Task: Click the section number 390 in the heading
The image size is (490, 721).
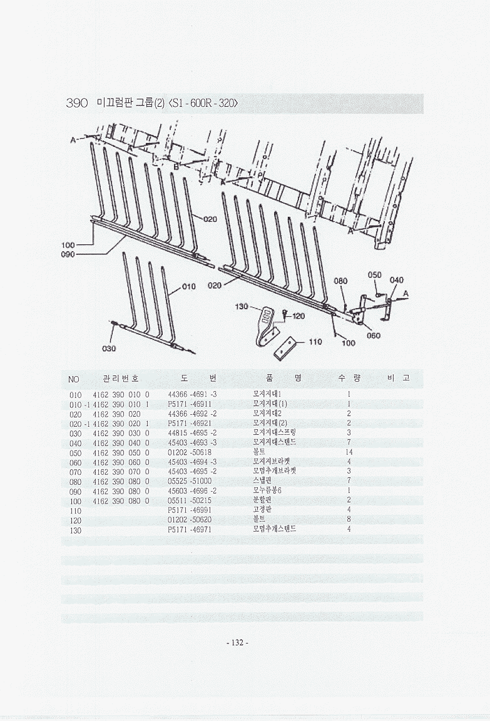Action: coord(78,103)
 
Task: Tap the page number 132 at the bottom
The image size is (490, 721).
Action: coord(237,643)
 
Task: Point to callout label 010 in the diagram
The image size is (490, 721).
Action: coord(189,287)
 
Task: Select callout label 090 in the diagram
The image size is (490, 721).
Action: coord(68,254)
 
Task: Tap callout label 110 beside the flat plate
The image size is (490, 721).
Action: coord(315,342)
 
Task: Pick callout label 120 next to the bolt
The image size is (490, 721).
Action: coord(299,316)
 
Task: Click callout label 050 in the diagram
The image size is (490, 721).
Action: coord(374,275)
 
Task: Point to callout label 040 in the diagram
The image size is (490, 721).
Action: coord(397,280)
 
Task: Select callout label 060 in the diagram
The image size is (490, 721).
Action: coord(374,336)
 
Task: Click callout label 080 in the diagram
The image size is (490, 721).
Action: coord(340,281)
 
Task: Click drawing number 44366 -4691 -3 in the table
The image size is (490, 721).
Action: coord(193,394)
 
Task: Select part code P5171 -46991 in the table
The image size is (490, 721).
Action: coord(190,509)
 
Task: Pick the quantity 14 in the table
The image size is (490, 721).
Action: coord(349,452)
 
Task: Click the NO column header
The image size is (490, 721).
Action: coord(74,379)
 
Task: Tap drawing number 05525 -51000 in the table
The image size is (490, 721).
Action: coord(190,480)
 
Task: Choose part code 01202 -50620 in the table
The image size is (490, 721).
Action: coord(190,519)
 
